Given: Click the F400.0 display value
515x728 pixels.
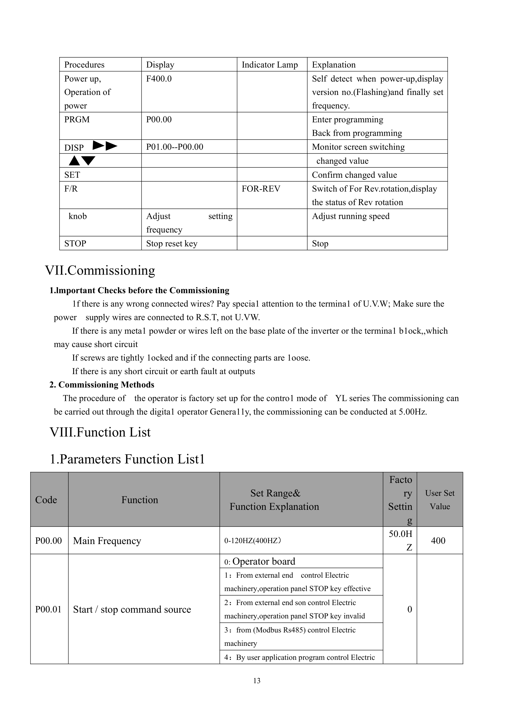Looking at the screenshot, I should click(159, 79).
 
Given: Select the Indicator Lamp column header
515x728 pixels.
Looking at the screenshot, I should click(270, 65).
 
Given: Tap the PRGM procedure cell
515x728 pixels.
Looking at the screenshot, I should click(77, 120).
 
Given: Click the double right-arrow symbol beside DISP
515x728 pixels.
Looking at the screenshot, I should click(105, 146).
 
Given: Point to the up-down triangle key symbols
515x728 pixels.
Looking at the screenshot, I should click(82, 161).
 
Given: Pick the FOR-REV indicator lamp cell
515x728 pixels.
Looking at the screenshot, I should click(261, 189).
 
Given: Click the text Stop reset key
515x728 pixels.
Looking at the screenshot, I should click(172, 243).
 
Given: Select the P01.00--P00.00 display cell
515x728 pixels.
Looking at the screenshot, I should click(175, 147).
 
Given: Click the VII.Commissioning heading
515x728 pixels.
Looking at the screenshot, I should click(100, 270).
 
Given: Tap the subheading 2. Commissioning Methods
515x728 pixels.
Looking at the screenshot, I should click(102, 385).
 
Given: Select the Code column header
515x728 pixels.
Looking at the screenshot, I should click(46, 500).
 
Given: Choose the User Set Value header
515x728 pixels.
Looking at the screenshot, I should click(440, 500).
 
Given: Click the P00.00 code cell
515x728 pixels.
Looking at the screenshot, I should click(49, 541).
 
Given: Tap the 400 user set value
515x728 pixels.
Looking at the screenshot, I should click(438, 541).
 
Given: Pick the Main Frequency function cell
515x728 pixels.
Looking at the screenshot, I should click(107, 541).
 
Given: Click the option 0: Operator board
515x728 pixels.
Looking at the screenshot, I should click(260, 561).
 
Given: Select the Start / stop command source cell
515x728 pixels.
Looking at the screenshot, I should click(132, 609).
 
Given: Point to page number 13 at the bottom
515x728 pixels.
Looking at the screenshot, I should click(257, 681).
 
